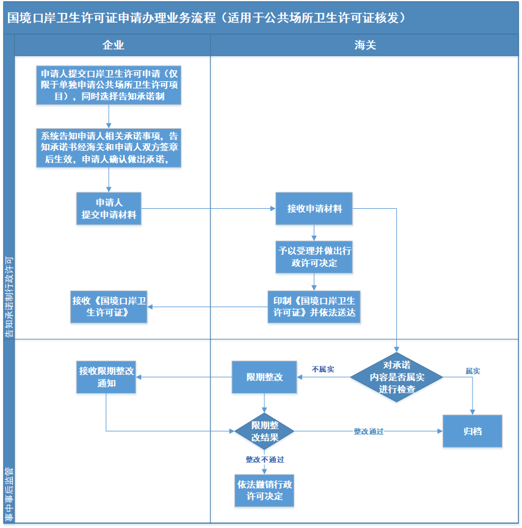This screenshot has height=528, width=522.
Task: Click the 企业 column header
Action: click(x=113, y=45)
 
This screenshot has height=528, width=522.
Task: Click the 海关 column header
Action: click(x=364, y=45)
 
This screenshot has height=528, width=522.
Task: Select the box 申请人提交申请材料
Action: click(x=109, y=208)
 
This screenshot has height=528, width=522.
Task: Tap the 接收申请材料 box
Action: click(x=314, y=208)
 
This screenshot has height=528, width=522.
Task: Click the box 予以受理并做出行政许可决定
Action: click(x=314, y=257)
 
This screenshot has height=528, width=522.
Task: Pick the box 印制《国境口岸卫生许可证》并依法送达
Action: click(x=314, y=307)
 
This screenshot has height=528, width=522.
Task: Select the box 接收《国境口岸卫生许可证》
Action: click(x=109, y=307)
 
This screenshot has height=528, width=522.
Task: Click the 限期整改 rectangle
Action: click(x=264, y=377)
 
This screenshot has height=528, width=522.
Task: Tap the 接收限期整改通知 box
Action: click(x=106, y=377)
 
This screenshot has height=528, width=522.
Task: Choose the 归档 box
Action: click(x=472, y=431)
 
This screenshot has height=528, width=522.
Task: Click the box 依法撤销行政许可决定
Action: click(x=264, y=490)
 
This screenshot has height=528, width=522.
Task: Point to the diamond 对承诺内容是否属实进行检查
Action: click(x=396, y=377)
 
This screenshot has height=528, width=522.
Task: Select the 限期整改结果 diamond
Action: click(x=264, y=431)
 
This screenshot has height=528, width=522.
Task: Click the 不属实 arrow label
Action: click(x=322, y=369)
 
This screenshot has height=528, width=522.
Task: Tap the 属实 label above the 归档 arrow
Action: click(x=473, y=371)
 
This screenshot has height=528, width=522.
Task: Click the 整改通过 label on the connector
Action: click(x=368, y=432)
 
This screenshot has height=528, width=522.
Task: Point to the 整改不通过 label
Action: click(x=265, y=460)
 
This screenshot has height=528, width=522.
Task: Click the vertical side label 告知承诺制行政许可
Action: click(x=9, y=297)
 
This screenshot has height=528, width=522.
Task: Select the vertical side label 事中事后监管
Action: click(x=9, y=494)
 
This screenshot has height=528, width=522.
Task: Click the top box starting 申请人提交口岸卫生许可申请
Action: click(x=109, y=85)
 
